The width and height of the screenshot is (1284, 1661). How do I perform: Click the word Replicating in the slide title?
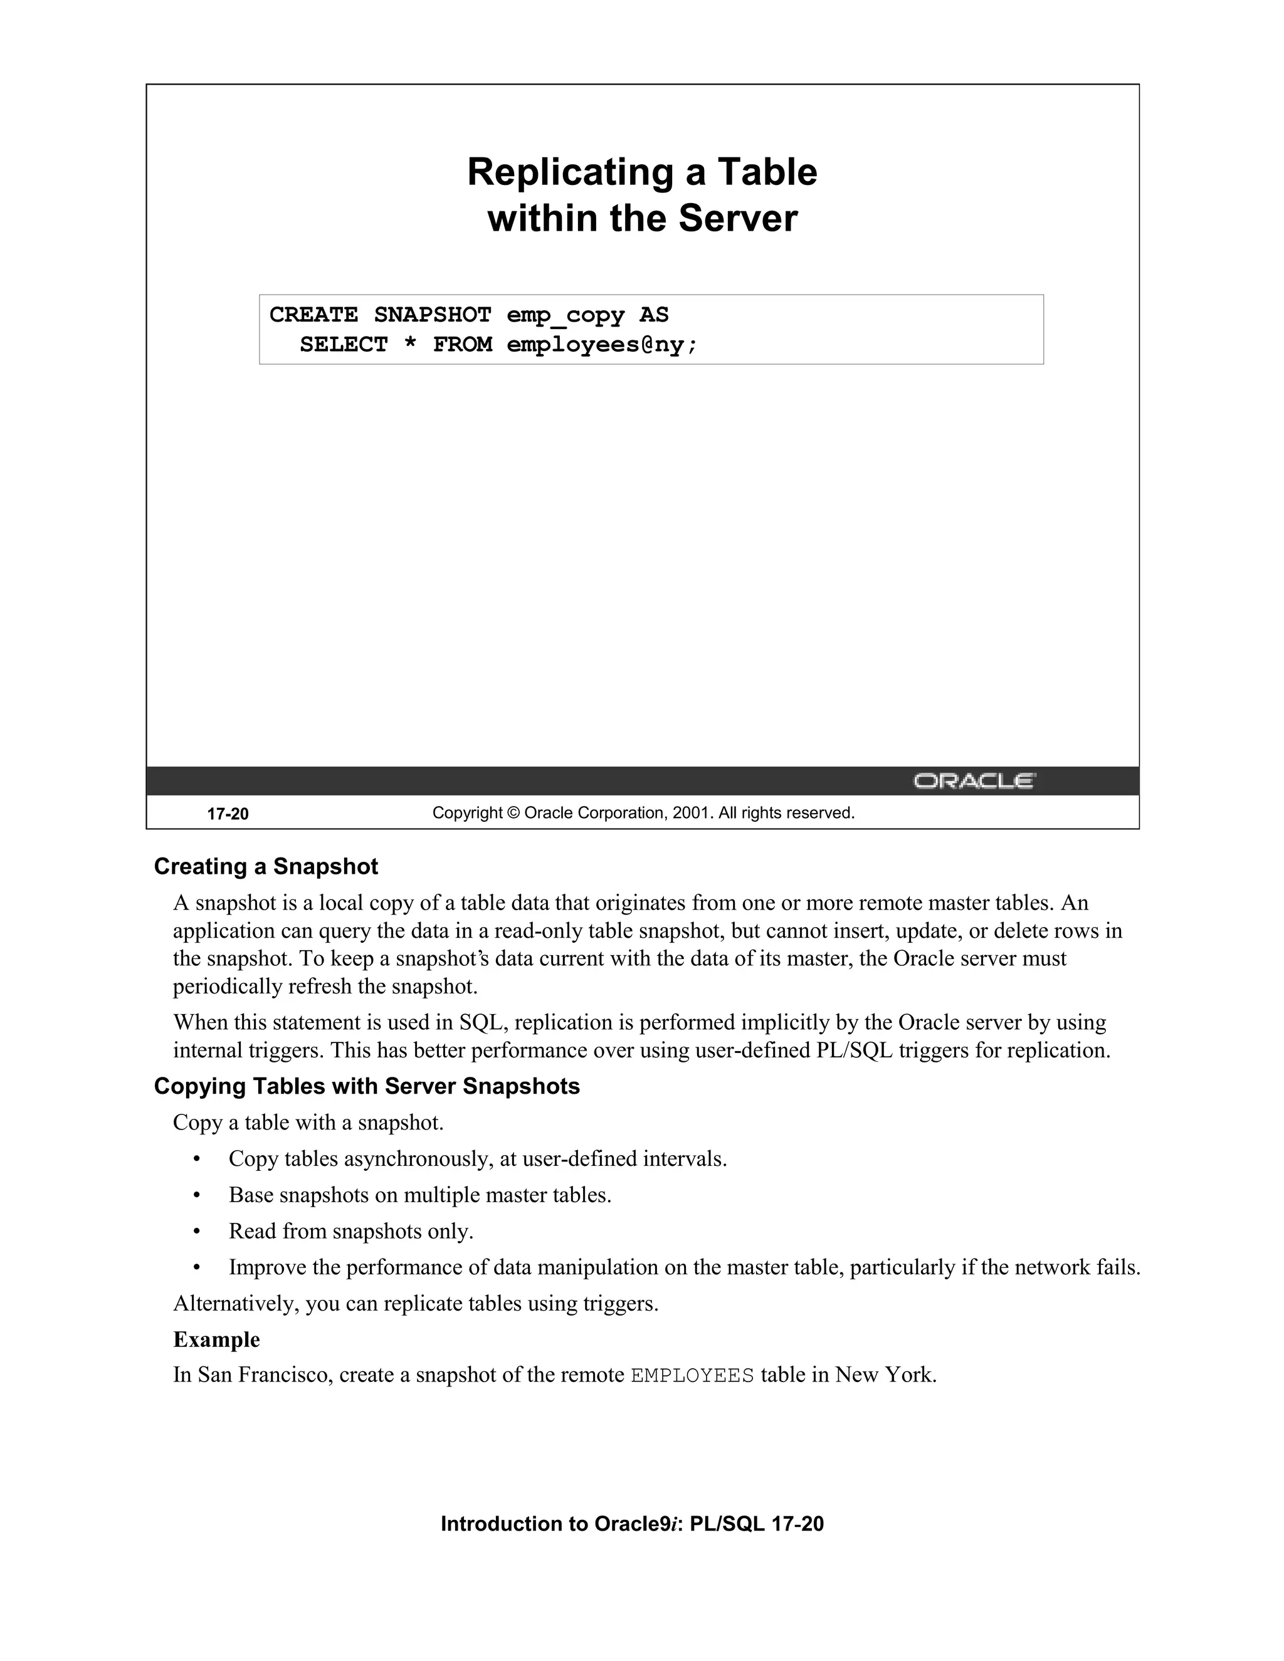pos(571,172)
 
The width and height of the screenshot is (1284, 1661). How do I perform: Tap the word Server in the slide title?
pos(738,218)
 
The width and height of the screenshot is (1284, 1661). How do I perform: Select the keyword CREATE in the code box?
pos(313,315)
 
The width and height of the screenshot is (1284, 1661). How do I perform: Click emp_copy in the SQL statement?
pos(565,315)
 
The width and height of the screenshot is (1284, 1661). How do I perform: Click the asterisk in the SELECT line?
pos(410,345)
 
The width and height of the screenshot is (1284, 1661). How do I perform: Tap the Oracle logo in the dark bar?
pos(974,781)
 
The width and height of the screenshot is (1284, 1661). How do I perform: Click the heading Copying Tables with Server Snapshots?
pos(367,1086)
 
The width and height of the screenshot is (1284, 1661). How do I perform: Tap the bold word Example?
pos(217,1339)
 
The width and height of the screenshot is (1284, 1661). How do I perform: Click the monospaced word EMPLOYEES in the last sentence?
pos(692,1376)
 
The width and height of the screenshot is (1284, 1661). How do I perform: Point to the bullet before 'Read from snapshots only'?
pos(197,1231)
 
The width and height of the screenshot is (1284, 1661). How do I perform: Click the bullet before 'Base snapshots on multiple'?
pos(197,1195)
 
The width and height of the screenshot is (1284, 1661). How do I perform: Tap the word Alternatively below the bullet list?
pos(235,1304)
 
